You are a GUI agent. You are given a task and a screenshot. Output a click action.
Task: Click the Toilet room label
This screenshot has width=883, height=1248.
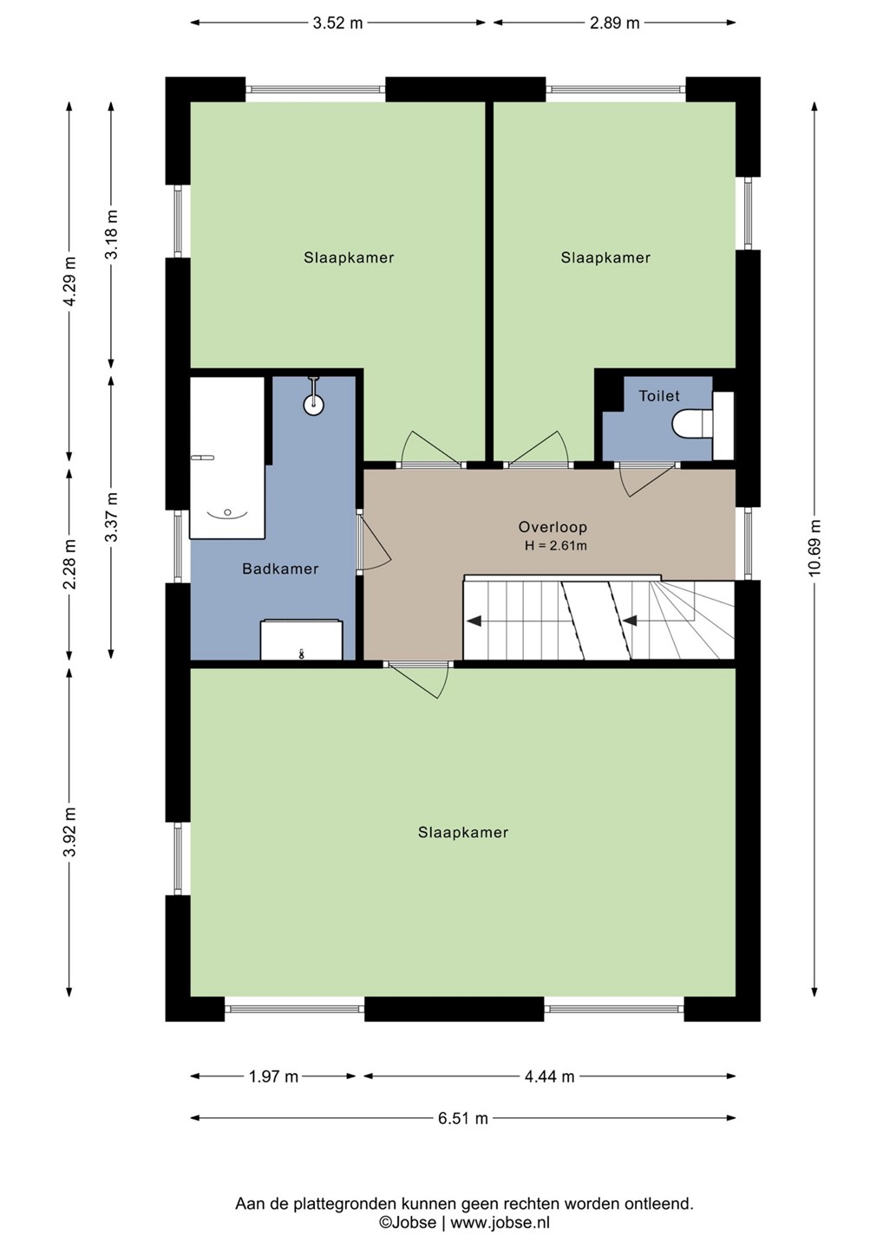659,396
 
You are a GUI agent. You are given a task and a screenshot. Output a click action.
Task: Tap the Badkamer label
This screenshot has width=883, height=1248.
280,569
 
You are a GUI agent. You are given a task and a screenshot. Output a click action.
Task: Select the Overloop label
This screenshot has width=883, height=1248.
553,527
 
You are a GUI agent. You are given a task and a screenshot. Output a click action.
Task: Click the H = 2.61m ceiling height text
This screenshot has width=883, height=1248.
555,546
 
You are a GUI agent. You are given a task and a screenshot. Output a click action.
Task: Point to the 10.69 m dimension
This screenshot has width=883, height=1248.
814,548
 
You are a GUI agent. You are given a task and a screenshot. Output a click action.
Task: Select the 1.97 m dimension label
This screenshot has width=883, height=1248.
273,1077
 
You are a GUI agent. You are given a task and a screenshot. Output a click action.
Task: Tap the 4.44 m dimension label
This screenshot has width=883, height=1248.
549,1077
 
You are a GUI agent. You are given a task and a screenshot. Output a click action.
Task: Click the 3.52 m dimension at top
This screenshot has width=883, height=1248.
337,23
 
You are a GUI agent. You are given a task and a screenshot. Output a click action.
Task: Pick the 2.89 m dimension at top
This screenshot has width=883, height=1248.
614,23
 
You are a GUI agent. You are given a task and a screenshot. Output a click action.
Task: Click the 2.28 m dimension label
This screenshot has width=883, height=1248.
69,564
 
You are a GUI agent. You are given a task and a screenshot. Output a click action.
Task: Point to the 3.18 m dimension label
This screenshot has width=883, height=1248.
112,234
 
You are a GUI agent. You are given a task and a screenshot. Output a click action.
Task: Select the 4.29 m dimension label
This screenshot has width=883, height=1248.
69,282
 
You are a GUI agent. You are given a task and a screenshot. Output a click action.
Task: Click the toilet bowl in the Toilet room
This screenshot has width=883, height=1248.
692,425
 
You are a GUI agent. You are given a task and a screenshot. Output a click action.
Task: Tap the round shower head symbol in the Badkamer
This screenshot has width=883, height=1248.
314,405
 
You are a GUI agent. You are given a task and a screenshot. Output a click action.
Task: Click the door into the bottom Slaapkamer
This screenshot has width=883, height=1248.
419,679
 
